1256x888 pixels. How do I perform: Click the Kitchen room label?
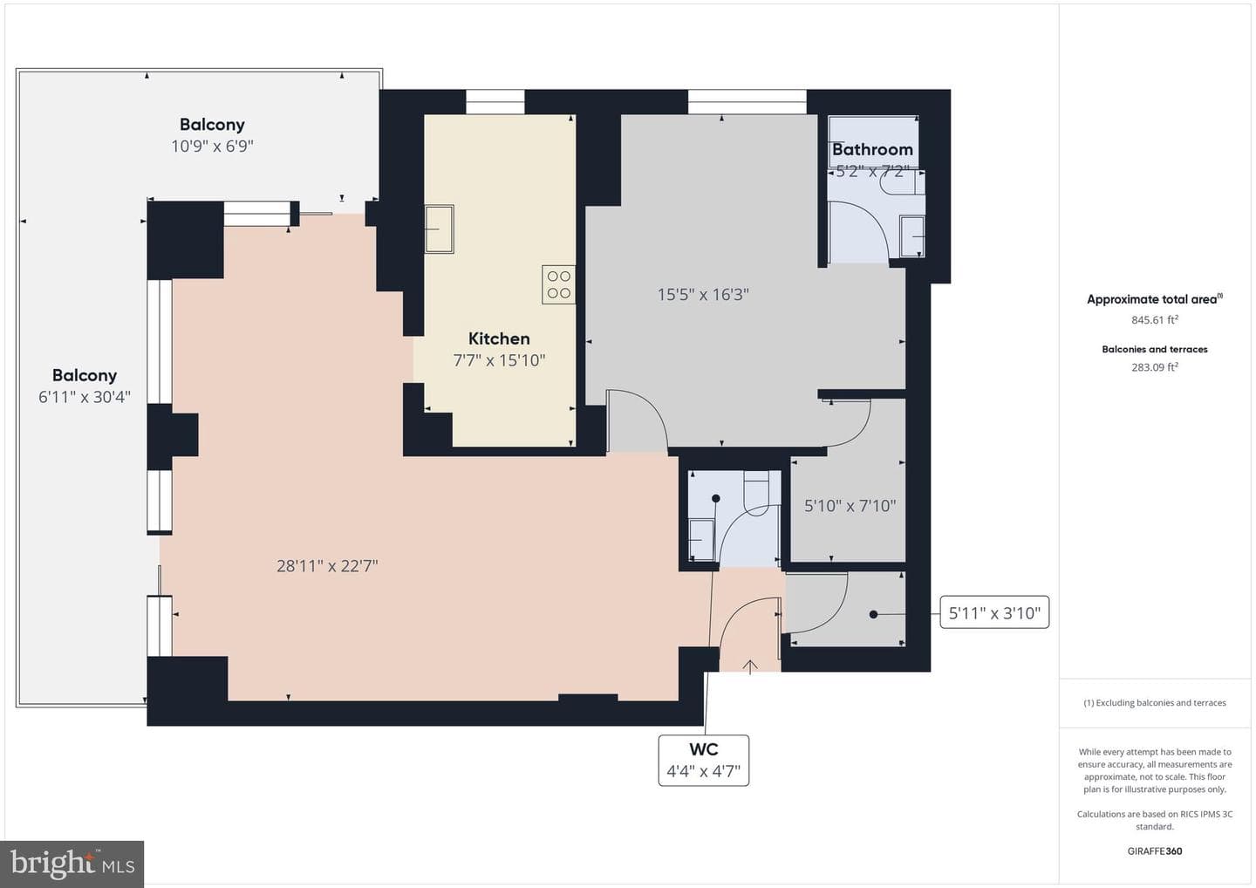pyautogui.click(x=499, y=338)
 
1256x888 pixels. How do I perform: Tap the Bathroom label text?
pyautogui.click(x=872, y=150)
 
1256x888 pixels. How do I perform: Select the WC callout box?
pyautogui.click(x=704, y=760)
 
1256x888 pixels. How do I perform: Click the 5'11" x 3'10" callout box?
pyautogui.click(x=994, y=612)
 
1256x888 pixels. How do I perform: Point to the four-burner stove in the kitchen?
pyautogui.click(x=558, y=284)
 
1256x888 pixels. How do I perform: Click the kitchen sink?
pyautogui.click(x=439, y=229)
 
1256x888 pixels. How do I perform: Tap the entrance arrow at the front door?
pyautogui.click(x=750, y=666)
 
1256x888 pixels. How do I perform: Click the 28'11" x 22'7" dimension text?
pyautogui.click(x=327, y=565)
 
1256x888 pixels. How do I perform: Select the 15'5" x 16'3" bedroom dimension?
pyautogui.click(x=703, y=294)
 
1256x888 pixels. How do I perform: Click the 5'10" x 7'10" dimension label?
pyautogui.click(x=850, y=506)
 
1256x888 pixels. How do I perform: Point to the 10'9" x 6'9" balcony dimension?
pyautogui.click(x=212, y=147)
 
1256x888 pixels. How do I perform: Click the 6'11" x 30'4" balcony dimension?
pyautogui.click(x=84, y=397)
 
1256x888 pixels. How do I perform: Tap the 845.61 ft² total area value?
pyautogui.click(x=1155, y=319)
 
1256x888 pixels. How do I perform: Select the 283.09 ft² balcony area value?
pyautogui.click(x=1155, y=367)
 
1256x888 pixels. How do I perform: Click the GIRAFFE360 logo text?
pyautogui.click(x=1155, y=851)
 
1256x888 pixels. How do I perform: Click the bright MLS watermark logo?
pyautogui.click(x=72, y=864)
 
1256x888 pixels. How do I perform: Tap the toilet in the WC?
pyautogui.click(x=756, y=494)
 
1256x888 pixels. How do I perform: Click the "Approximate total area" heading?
pyautogui.click(x=1155, y=299)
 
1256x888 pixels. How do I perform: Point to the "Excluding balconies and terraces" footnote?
pyautogui.click(x=1155, y=702)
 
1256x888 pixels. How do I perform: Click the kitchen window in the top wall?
pyautogui.click(x=495, y=102)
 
